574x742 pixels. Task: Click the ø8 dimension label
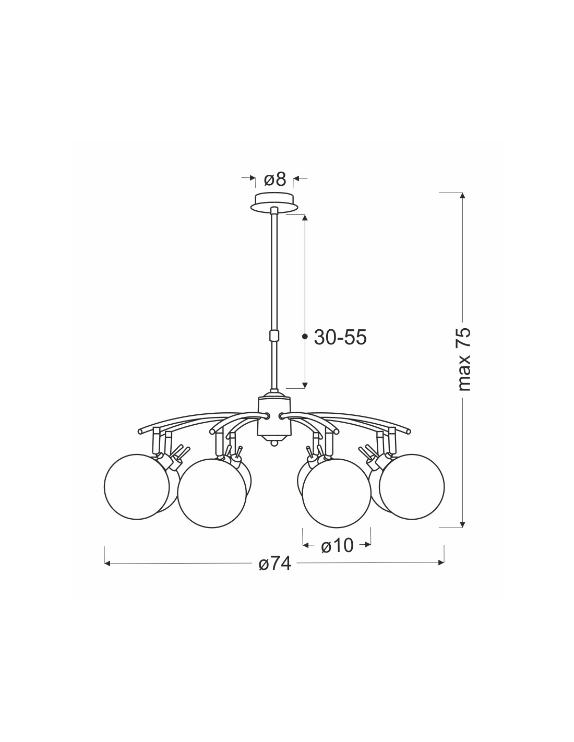pos(274,179)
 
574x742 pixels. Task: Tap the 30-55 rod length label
pos(340,338)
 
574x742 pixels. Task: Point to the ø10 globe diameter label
pos(337,546)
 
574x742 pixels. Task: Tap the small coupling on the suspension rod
pos(274,336)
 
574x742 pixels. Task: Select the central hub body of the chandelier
pos(273,418)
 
